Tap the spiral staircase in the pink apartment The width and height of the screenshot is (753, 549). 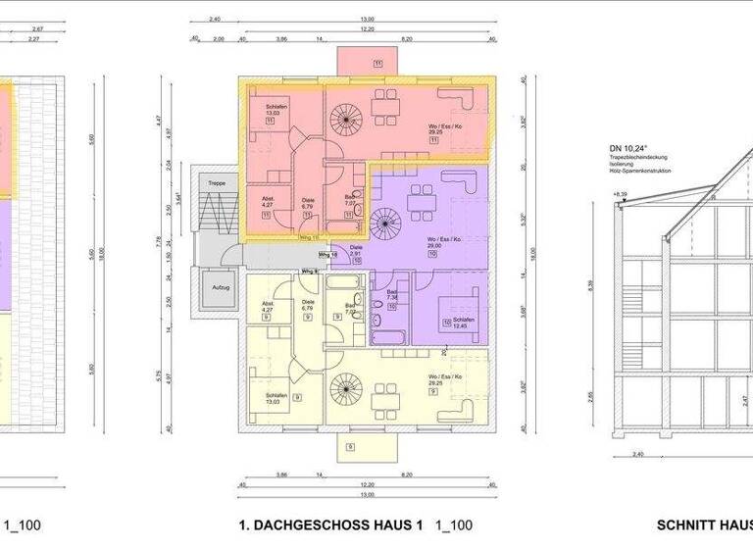[x=344, y=121]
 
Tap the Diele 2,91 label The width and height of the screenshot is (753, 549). [x=357, y=253]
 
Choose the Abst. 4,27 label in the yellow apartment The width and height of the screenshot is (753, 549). [x=268, y=309]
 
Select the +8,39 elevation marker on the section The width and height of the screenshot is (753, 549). [x=619, y=194]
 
